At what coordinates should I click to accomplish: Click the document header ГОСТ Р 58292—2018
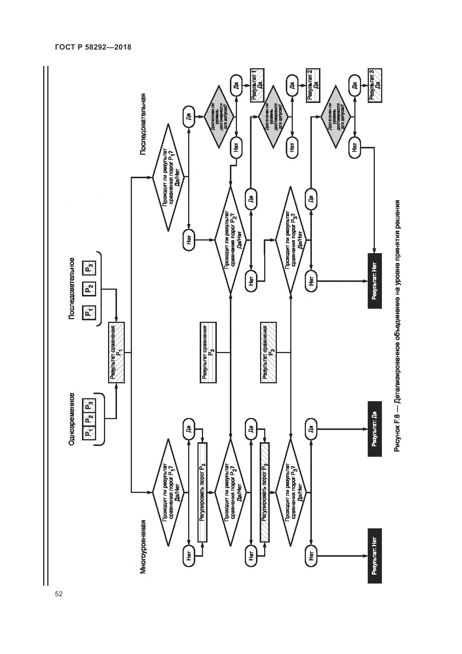tap(93, 47)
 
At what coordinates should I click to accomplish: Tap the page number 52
tap(58, 594)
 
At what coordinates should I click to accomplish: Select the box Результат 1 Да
tap(257, 85)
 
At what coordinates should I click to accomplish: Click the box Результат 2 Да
tap(313, 85)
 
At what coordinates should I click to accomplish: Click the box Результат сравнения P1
tap(116, 352)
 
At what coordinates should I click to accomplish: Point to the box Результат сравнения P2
tap(208, 352)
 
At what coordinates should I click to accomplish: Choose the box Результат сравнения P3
tap(269, 352)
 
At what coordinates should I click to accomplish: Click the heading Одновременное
tap(72, 419)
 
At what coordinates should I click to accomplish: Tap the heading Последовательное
tap(72, 288)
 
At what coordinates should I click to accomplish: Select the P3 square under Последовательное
tap(89, 268)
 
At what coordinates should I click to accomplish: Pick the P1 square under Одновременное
tap(89, 433)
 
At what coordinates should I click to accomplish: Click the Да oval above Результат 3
tap(354, 85)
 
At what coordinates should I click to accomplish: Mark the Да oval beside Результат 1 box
tap(236, 85)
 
